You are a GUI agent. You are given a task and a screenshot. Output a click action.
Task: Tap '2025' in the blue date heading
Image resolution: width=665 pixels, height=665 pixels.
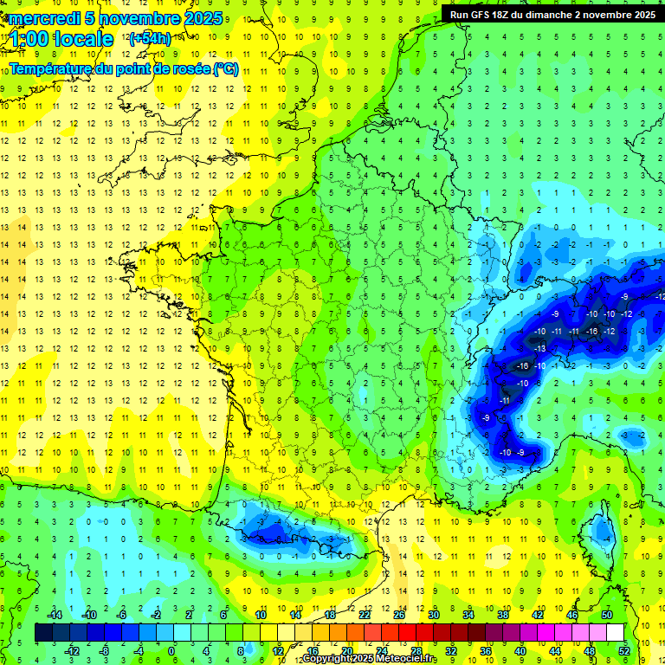203,18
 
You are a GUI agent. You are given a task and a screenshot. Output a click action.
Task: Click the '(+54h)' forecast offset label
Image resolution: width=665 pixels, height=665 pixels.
150,38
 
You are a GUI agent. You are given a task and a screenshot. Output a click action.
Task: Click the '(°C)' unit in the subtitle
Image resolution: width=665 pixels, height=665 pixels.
225,69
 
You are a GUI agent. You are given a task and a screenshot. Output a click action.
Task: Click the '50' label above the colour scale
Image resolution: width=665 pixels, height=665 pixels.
606,615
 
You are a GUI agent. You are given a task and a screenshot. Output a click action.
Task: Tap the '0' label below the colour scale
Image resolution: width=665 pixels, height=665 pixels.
171,651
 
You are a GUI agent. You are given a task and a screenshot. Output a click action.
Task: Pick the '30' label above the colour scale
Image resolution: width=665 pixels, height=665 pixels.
433,615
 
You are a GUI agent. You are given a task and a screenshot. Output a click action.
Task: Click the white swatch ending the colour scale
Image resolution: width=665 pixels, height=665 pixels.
616,633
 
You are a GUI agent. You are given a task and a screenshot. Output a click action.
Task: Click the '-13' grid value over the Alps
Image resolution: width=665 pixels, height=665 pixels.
539,348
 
